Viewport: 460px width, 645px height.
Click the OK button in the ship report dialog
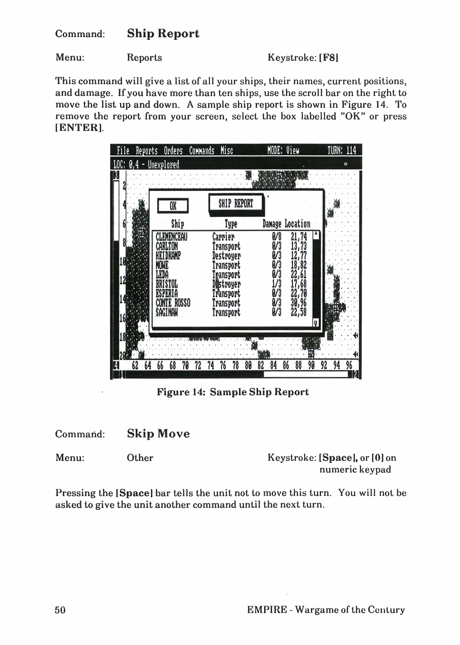[x=173, y=206]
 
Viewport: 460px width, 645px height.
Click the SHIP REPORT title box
[x=236, y=204]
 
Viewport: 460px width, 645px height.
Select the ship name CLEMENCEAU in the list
[x=171, y=237]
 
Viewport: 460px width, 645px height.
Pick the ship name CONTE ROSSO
[x=173, y=303]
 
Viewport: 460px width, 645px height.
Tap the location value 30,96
[x=299, y=303]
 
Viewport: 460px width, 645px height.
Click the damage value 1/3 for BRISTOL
[x=277, y=284]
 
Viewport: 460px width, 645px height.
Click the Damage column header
[x=272, y=224]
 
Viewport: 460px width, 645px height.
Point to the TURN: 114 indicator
[x=342, y=150]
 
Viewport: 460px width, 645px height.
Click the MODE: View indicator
[x=283, y=150]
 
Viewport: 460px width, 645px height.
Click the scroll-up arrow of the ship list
[x=316, y=235]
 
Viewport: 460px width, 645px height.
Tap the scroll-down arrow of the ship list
[x=316, y=322]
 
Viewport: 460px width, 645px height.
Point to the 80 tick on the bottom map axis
[x=248, y=366]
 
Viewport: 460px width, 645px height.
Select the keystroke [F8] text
[x=329, y=58]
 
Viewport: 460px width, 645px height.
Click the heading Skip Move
[x=158, y=434]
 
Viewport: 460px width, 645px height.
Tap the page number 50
[x=60, y=610]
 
